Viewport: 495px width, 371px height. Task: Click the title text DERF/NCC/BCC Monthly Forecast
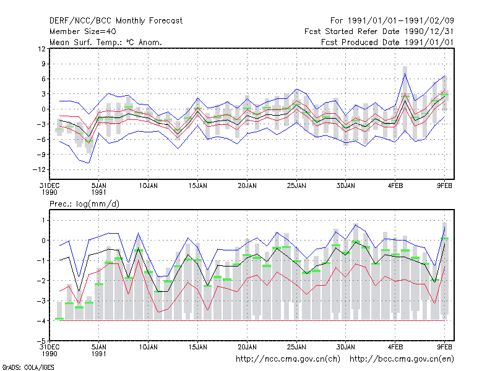(116, 21)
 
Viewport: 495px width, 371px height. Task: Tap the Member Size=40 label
(83, 32)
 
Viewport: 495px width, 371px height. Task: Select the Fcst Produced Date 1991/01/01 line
(387, 42)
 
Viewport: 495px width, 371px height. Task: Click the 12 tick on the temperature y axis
(41, 49)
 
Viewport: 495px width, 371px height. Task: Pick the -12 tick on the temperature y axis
(39, 169)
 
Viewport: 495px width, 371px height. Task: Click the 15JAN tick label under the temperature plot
(198, 186)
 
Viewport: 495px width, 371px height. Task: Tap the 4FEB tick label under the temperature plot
(395, 186)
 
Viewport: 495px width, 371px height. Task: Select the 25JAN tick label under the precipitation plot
(296, 347)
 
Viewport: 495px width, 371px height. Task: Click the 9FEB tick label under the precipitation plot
(444, 347)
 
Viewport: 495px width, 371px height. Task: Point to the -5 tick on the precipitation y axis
(41, 341)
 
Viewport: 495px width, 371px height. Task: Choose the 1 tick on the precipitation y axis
(43, 220)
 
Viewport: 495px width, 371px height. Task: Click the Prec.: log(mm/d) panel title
(84, 204)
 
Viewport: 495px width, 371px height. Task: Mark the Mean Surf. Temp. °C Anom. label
(106, 42)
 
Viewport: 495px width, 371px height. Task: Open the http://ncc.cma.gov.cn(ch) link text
(288, 359)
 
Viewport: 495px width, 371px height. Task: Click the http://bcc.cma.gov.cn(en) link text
(402, 359)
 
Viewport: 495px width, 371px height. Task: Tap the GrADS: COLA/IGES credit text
(28, 367)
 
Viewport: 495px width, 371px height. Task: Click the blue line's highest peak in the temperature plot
(405, 74)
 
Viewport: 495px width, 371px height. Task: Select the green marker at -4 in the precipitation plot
(59, 319)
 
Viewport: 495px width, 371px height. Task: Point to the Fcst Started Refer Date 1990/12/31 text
(379, 32)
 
